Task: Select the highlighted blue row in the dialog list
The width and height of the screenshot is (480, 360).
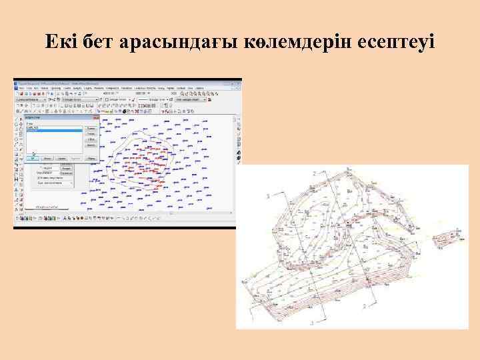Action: [54, 131]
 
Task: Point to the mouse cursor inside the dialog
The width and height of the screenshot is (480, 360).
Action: [33, 155]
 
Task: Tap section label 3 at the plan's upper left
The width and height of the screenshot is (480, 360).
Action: [267, 196]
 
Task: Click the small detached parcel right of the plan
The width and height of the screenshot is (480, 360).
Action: [446, 238]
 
